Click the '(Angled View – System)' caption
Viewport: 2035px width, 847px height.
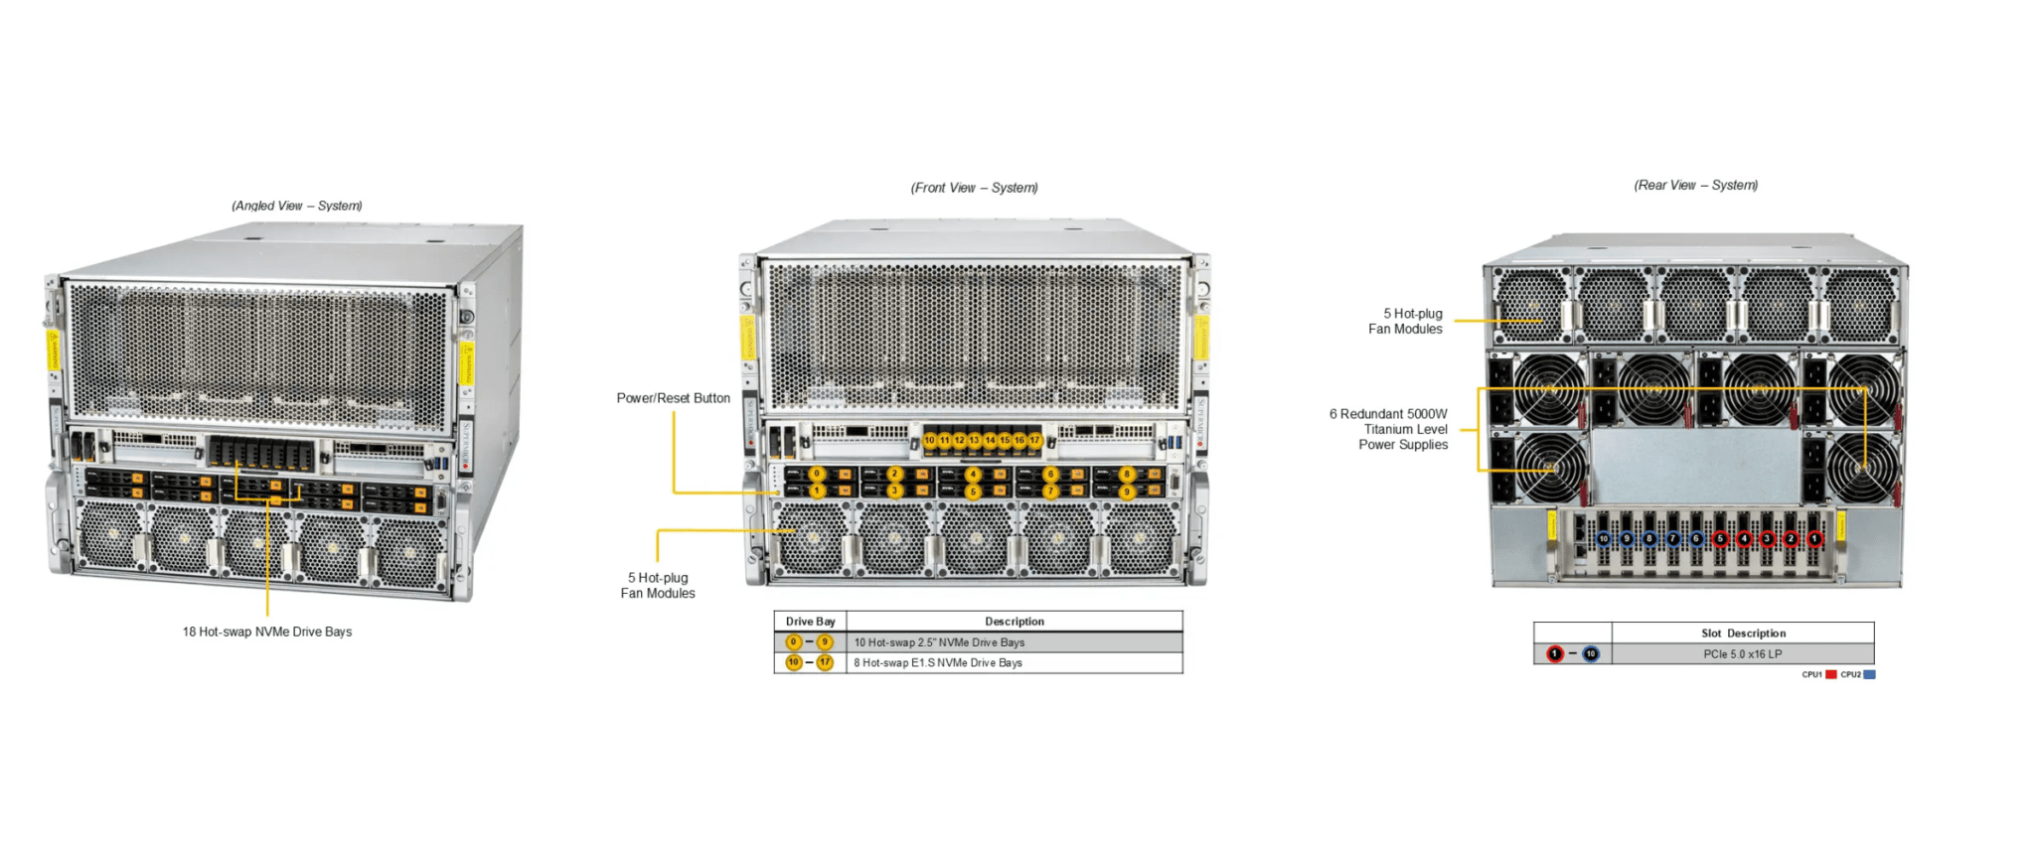tap(296, 206)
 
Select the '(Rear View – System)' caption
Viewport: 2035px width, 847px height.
tap(1695, 185)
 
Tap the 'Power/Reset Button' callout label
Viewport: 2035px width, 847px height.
tap(673, 398)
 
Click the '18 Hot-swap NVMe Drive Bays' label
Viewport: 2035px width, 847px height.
tap(266, 632)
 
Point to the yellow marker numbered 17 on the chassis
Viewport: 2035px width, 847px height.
tap(1034, 440)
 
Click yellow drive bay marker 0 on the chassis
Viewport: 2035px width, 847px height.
tap(817, 474)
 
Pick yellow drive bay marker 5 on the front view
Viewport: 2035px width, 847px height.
tap(972, 491)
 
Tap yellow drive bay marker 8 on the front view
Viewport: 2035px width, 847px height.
tap(1127, 474)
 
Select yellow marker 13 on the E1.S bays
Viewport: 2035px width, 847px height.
tap(974, 440)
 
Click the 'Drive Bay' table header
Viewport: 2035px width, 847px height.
tap(810, 622)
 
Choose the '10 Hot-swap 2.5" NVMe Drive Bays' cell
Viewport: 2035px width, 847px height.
tap(939, 642)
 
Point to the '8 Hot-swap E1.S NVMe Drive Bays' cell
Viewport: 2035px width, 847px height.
tap(938, 662)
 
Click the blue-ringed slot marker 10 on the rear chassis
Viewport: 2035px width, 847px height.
tap(1603, 538)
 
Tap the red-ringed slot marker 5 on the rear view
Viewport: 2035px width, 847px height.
tap(1721, 538)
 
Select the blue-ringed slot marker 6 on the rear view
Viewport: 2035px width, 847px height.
tap(1697, 538)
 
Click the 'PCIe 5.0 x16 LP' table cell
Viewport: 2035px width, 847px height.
tap(1742, 654)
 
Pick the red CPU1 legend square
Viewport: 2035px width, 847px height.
tap(1830, 674)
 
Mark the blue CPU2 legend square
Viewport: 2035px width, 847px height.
tap(1869, 674)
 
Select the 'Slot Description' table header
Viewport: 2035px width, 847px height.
tap(1743, 633)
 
